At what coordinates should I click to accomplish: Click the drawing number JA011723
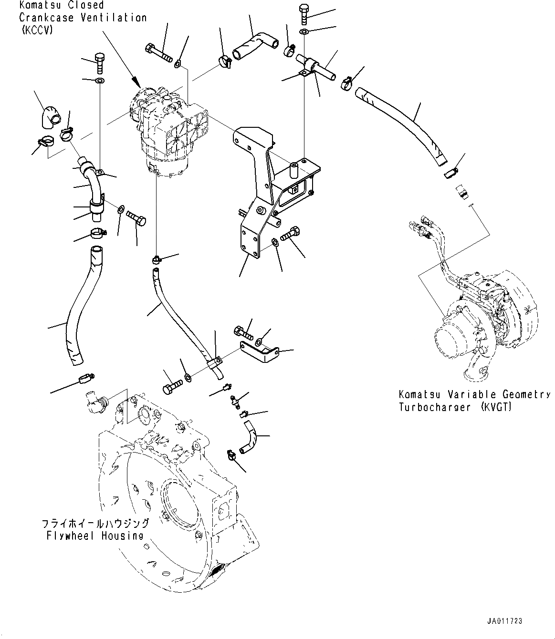pyautogui.click(x=505, y=621)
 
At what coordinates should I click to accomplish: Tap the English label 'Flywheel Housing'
pyautogui.click(x=95, y=536)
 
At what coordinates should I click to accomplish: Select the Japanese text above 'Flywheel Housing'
pyautogui.click(x=95, y=524)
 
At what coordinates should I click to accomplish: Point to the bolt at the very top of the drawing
pyautogui.click(x=304, y=14)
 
